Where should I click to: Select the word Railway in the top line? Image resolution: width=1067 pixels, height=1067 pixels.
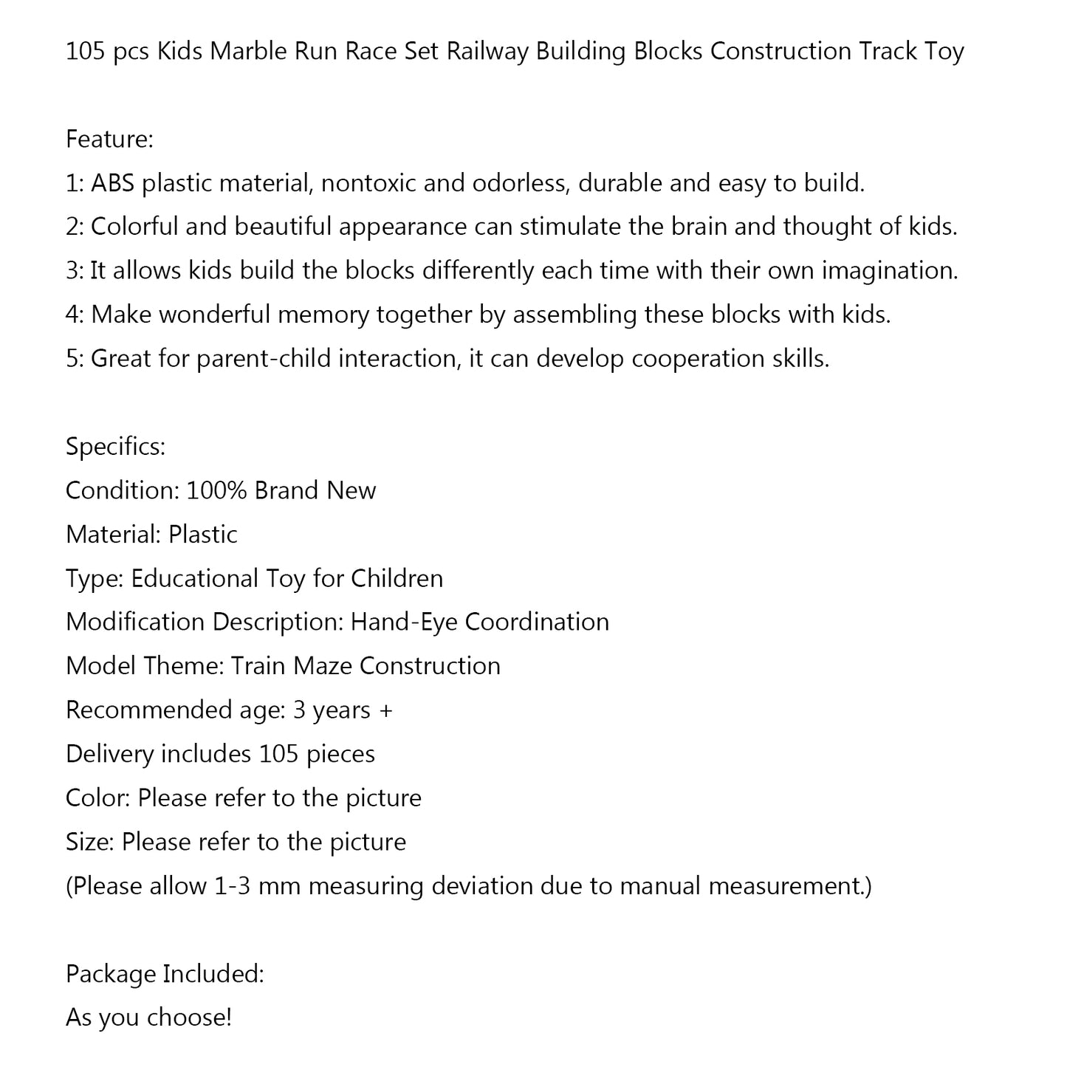pyautogui.click(x=487, y=52)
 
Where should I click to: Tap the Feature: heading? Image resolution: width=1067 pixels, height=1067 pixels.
pyautogui.click(x=109, y=139)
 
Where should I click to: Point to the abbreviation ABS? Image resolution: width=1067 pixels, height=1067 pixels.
pyautogui.click(x=112, y=183)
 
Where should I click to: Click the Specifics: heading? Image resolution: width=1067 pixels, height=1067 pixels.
pyautogui.click(x=115, y=447)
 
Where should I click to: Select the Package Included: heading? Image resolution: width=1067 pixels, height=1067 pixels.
pyautogui.click(x=165, y=974)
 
